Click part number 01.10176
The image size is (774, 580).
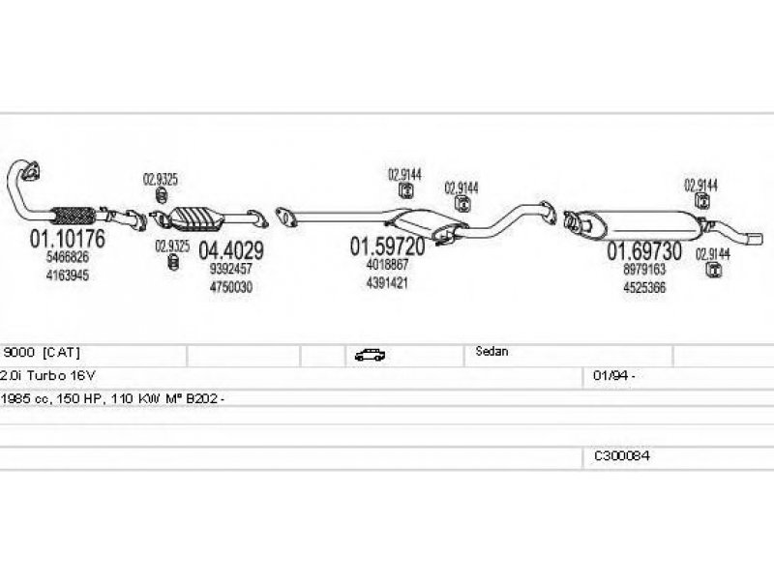pyautogui.click(x=68, y=239)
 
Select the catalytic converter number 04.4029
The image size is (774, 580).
pyautogui.click(x=231, y=250)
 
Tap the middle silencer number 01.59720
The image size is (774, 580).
pyautogui.click(x=388, y=246)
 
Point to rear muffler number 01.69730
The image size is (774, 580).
pyautogui.click(x=644, y=251)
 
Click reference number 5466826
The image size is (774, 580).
pyautogui.click(x=68, y=257)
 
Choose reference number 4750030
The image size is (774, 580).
pyautogui.click(x=231, y=287)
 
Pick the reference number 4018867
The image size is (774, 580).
pyautogui.click(x=388, y=265)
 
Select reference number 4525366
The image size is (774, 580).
pyautogui.click(x=644, y=287)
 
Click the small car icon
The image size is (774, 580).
pyautogui.click(x=370, y=355)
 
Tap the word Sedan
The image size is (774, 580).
pyautogui.click(x=491, y=352)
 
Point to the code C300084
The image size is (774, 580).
pyautogui.click(x=622, y=455)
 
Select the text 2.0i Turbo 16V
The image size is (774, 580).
pyautogui.click(x=47, y=376)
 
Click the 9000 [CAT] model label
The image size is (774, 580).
pyautogui.click(x=42, y=352)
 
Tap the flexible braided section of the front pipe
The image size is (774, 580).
pyautogui.click(x=74, y=216)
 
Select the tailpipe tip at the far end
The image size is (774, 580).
pyautogui.click(x=755, y=239)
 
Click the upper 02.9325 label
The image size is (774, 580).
pyautogui.click(x=161, y=179)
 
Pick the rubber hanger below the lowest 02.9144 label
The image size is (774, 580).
pyautogui.click(x=713, y=270)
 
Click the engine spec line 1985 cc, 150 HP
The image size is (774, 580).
pyautogui.click(x=112, y=398)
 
